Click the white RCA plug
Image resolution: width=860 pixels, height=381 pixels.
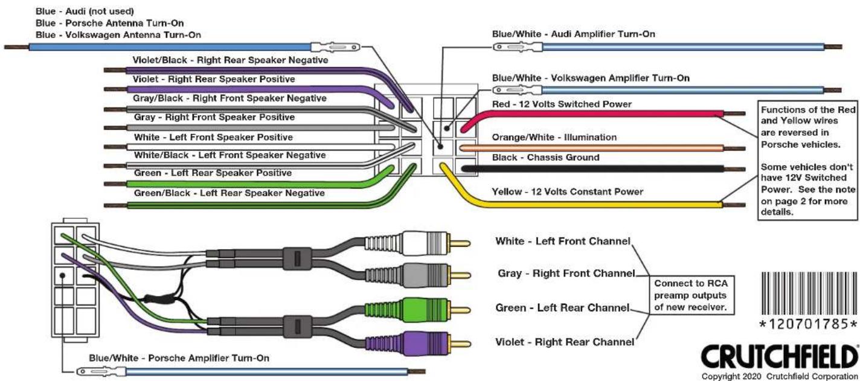[x=418, y=243]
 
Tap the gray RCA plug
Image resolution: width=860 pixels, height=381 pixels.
[x=418, y=275]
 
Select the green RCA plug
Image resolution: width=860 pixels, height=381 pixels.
[x=418, y=310]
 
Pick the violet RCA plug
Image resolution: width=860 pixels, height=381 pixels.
[x=418, y=344]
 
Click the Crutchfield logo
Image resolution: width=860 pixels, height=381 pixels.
[x=779, y=357]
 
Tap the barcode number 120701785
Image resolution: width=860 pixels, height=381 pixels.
[x=809, y=324]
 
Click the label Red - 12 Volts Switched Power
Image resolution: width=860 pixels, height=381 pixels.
[x=562, y=104]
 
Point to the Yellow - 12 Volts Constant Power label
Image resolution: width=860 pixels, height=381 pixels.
[x=568, y=191]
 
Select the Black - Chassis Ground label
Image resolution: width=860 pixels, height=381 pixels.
[x=545, y=158]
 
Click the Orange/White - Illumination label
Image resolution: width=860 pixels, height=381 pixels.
[x=554, y=137]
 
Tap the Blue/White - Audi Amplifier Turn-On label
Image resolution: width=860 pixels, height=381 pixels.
[x=574, y=34]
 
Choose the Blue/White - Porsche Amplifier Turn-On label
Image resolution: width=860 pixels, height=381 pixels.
[x=179, y=358]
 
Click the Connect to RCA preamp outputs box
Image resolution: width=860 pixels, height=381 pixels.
[x=691, y=295]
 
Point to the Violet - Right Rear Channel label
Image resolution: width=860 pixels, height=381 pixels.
[x=564, y=342]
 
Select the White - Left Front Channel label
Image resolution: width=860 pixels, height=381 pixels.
[x=563, y=242]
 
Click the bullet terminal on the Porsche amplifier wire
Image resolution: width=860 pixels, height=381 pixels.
[x=101, y=371]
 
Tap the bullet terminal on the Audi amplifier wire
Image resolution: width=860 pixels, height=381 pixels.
[x=518, y=47]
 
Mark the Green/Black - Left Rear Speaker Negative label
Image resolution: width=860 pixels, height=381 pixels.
[x=229, y=193]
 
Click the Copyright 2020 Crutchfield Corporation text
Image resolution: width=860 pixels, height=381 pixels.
[x=779, y=376]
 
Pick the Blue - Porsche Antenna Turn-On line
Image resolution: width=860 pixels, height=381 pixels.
[x=110, y=23]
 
